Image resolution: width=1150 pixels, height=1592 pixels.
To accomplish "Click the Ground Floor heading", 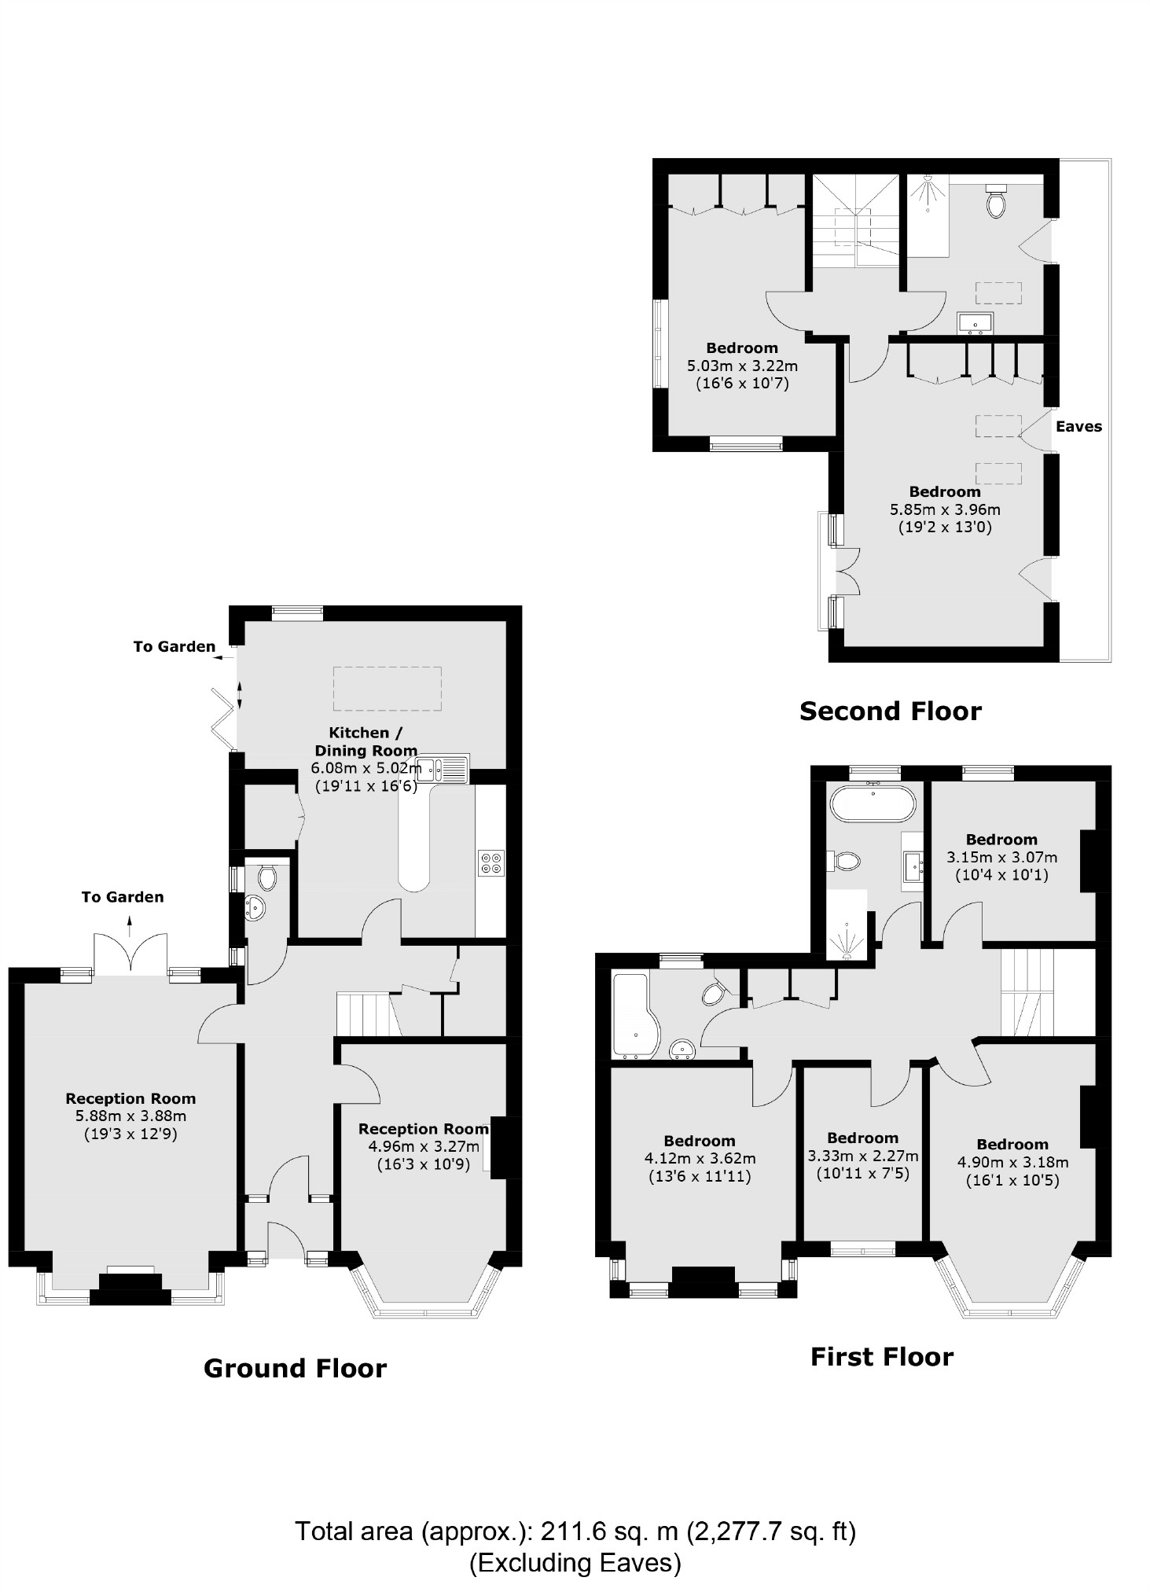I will [295, 1369].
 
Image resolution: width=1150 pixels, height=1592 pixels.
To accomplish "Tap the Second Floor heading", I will [890, 711].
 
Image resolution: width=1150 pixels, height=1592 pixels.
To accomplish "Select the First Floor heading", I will [881, 1357].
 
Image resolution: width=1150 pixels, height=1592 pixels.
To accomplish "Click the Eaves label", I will [1078, 427].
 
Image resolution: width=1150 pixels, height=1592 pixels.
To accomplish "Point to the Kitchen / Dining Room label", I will [366, 741].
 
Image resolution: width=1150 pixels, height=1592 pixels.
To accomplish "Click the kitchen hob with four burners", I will [492, 863].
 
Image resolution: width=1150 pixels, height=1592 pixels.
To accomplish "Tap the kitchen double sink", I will [443, 768].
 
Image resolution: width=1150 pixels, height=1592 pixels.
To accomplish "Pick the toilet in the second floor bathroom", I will [997, 203].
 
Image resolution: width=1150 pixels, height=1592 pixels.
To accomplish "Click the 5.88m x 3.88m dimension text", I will [130, 1116].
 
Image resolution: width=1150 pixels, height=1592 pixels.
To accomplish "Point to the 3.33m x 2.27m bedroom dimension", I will [862, 1156].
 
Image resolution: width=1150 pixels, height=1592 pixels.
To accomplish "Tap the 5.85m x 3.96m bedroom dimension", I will [945, 509].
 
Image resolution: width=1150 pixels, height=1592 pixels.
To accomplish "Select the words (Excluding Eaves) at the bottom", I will [575, 1561].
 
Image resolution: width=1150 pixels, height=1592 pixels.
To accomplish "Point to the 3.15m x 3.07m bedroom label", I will [1001, 858].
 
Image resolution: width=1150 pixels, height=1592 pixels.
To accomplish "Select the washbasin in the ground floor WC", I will [257, 908].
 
